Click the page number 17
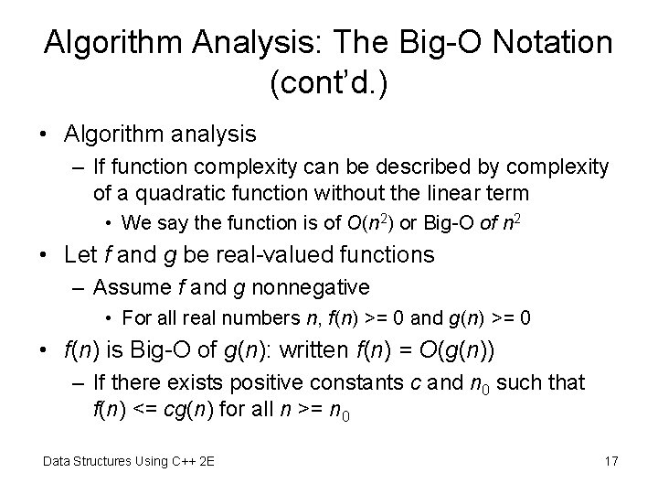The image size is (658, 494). pyautogui.click(x=610, y=461)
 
